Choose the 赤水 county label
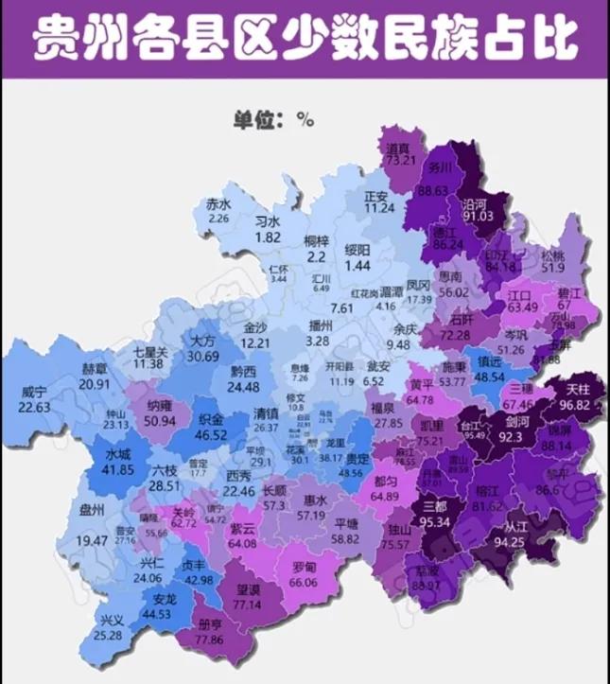pos(219,204)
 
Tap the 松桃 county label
pos(554,255)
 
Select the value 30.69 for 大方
pos(202,356)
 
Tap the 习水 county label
pos(268,221)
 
